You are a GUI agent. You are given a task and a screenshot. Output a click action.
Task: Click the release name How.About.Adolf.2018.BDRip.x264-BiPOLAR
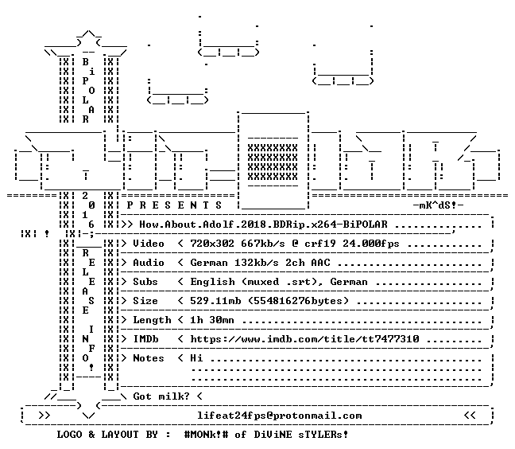[x=263, y=224]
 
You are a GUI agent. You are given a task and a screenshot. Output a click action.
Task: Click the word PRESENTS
[x=174, y=205]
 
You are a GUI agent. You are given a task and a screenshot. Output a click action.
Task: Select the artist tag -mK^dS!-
[x=438, y=205]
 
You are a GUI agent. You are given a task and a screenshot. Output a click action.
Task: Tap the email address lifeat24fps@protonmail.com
[x=280, y=416]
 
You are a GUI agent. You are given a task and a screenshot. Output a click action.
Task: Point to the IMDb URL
[x=304, y=339]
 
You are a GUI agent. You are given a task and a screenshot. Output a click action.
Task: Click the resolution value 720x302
[x=212, y=244]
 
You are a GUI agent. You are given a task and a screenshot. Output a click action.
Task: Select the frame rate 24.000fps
[x=371, y=244]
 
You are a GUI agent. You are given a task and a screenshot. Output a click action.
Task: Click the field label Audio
[x=149, y=263]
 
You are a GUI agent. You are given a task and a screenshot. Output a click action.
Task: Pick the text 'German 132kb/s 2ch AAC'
[x=260, y=263]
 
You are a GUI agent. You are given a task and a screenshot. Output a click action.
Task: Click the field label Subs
[x=145, y=282]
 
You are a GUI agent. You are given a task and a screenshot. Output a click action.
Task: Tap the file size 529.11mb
[x=215, y=301]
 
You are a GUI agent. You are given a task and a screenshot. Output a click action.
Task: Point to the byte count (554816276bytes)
[x=298, y=301]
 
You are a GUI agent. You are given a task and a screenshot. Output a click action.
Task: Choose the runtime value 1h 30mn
[x=212, y=320]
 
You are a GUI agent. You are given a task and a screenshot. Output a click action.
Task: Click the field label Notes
[x=149, y=358]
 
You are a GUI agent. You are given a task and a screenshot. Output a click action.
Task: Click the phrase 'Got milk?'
[x=161, y=396]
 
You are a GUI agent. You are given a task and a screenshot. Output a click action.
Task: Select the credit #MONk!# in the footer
[x=207, y=435]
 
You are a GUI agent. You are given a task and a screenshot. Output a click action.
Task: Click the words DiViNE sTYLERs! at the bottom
[x=301, y=435]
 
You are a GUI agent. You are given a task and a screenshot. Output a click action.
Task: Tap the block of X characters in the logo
[x=273, y=162]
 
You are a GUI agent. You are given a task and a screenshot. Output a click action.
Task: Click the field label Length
[x=152, y=320]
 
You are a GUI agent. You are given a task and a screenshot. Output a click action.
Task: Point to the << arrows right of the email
[x=470, y=416]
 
